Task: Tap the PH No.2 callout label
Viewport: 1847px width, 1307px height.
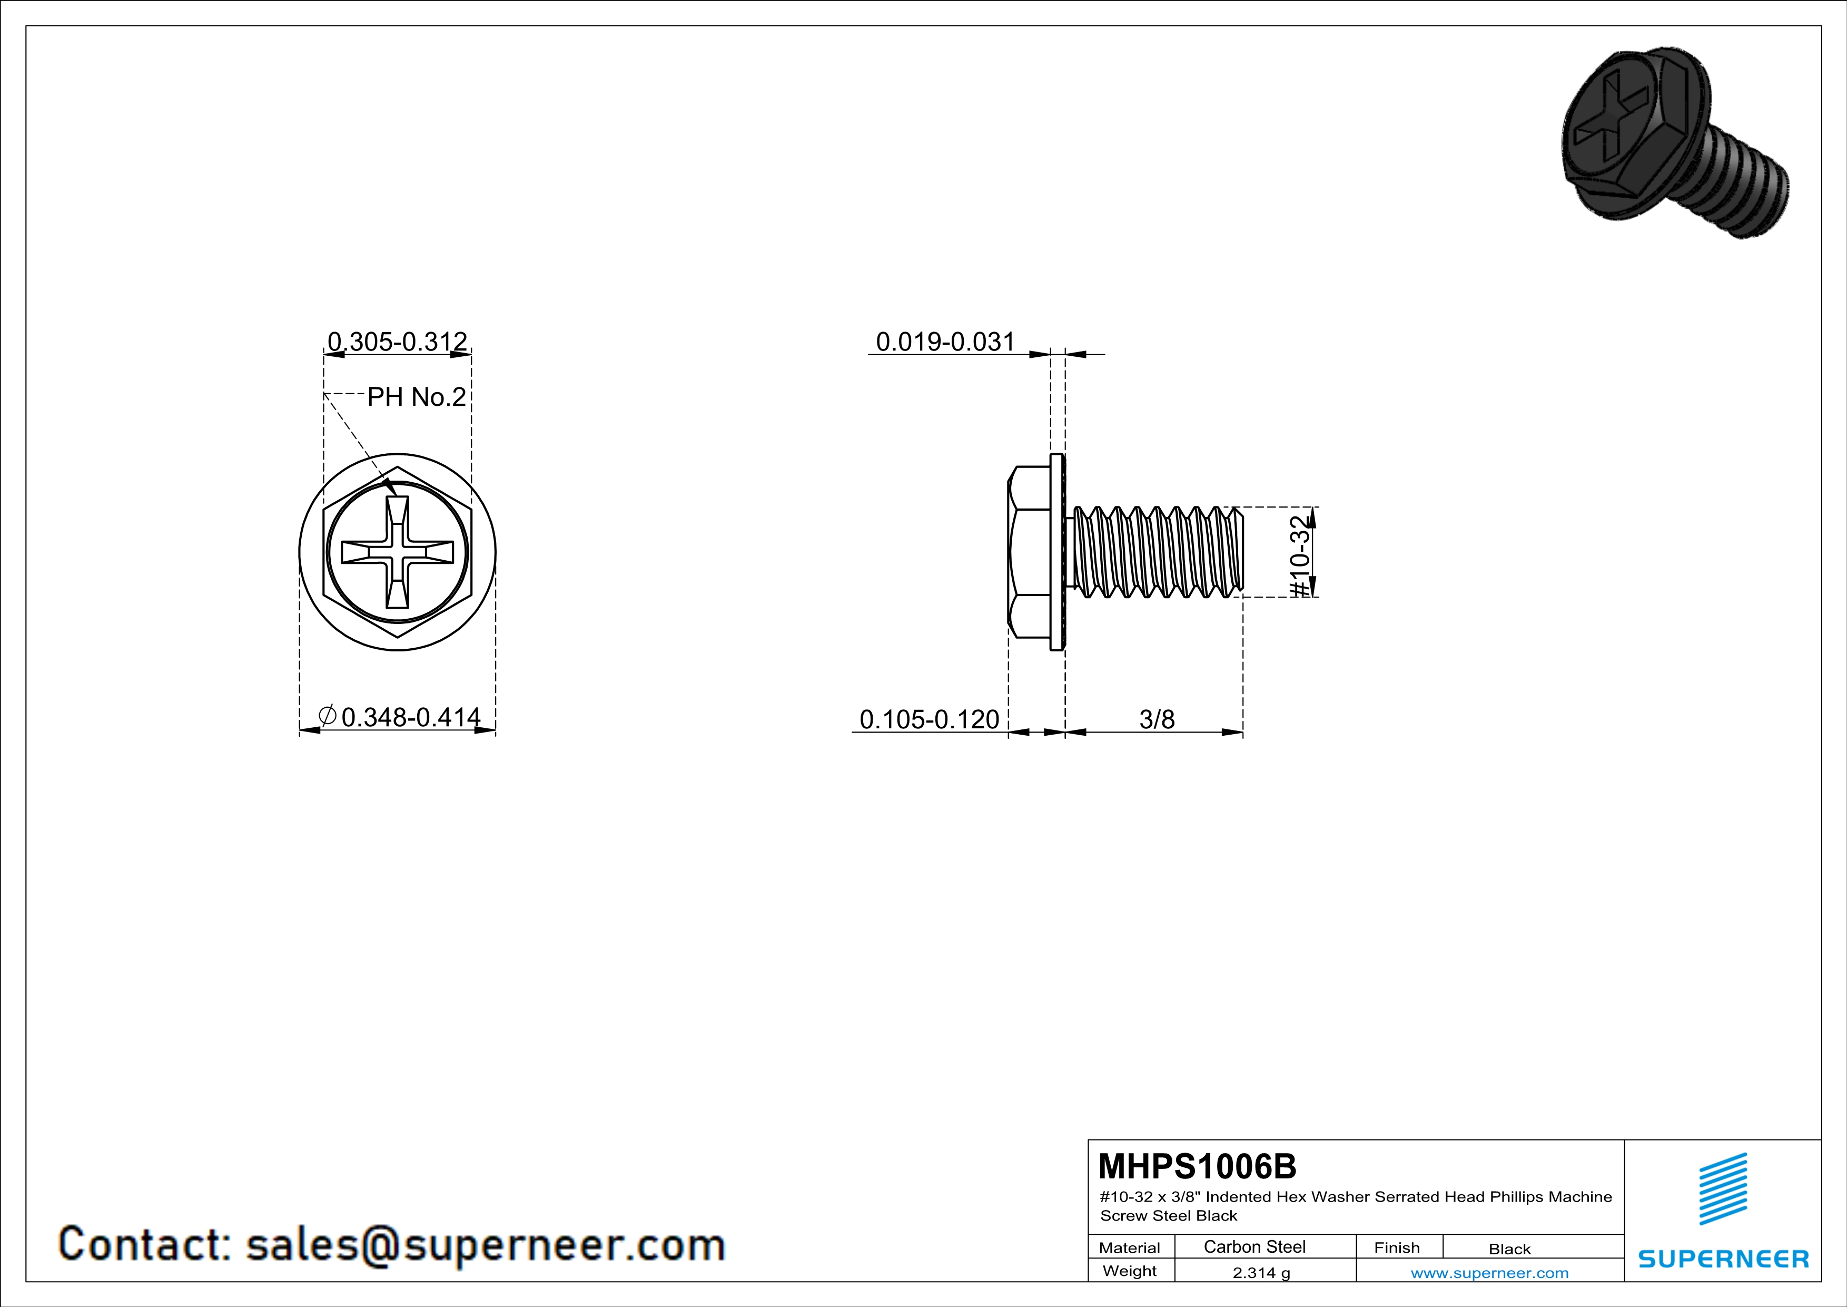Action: pos(417,397)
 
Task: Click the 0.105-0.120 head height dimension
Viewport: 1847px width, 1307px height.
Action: pos(929,719)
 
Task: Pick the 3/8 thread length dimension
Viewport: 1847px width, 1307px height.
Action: pos(1157,719)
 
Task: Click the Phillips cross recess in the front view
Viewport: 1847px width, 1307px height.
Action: pos(398,552)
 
